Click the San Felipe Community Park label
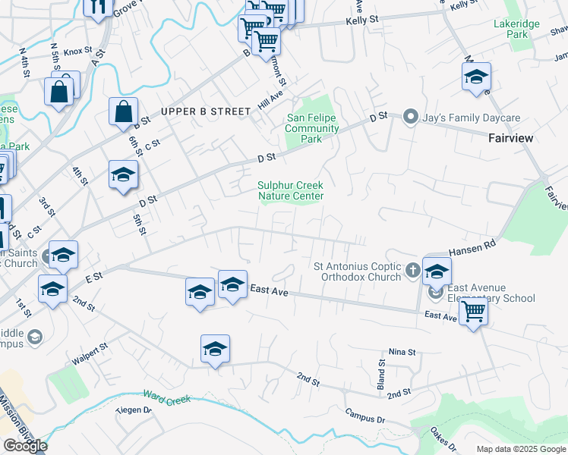(311, 128)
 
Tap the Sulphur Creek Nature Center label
(291, 190)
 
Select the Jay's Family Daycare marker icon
(411, 118)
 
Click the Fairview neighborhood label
(510, 138)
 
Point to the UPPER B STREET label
(206, 111)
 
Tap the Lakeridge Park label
(516, 29)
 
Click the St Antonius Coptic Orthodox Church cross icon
(412, 269)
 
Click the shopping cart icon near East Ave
(473, 310)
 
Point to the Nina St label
(402, 352)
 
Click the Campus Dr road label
(365, 416)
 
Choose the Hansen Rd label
(472, 246)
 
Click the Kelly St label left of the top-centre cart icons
(362, 20)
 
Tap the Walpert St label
(90, 353)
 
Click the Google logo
(25, 446)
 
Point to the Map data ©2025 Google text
(520, 449)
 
